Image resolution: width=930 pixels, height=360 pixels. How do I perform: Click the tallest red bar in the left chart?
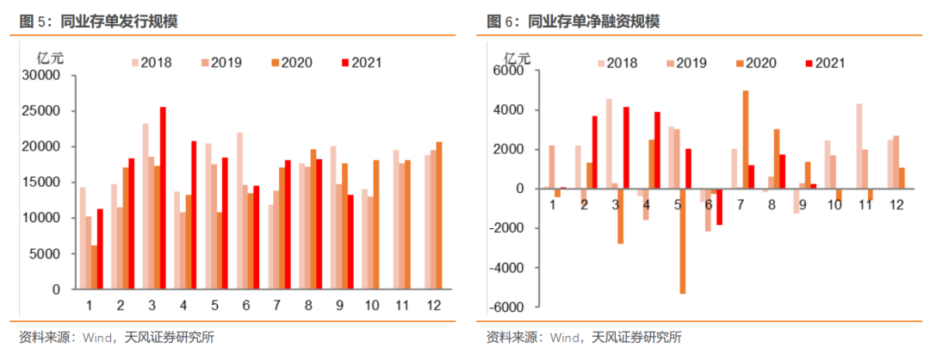click(x=163, y=198)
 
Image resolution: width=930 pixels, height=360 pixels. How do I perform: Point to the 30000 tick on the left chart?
click(x=44, y=76)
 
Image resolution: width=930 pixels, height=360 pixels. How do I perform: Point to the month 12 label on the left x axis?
click(x=433, y=305)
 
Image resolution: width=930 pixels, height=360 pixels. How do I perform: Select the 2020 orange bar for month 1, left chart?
click(x=94, y=268)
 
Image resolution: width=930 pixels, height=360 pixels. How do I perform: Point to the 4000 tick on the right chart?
click(x=510, y=110)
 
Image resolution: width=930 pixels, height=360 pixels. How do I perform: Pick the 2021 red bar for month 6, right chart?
click(x=720, y=207)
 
